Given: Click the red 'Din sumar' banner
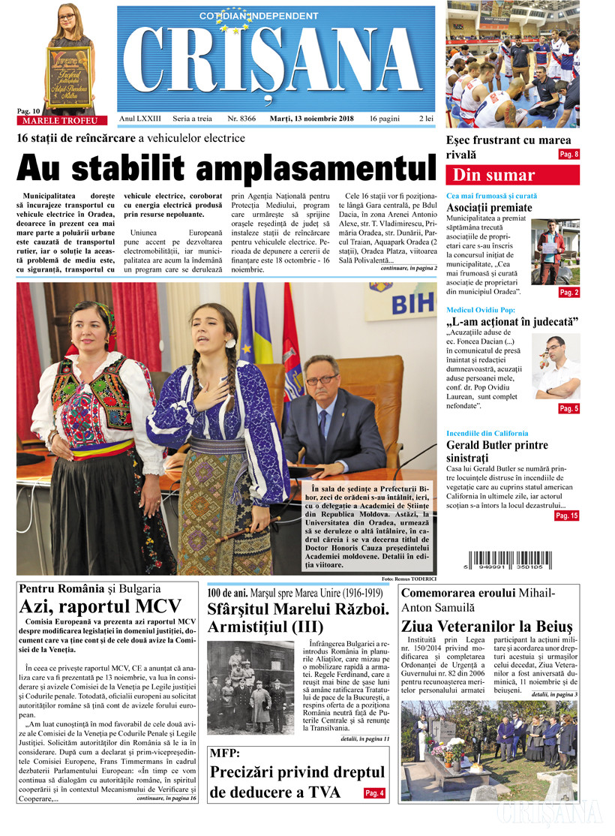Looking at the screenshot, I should [x=512, y=176].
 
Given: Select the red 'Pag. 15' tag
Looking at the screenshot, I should [x=566, y=516].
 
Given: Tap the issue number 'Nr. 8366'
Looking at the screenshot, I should [x=241, y=119].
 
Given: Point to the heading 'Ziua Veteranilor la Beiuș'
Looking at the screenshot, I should [x=487, y=626].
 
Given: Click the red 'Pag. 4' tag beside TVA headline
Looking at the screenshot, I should [x=375, y=793].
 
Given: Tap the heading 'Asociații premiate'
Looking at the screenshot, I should [x=489, y=207].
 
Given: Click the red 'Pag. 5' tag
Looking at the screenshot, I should [x=568, y=408].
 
